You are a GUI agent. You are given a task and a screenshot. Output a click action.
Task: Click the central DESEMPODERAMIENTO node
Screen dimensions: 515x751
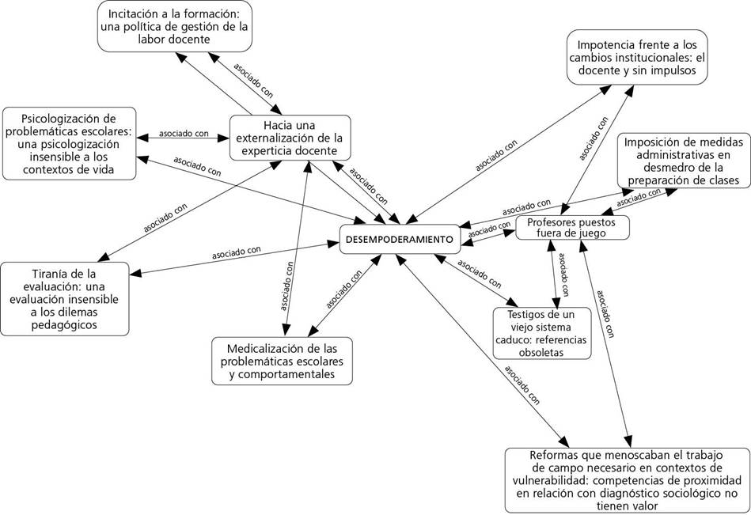[x=400, y=239]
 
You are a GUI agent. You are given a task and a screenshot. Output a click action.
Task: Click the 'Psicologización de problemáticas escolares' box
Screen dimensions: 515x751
[x=68, y=143]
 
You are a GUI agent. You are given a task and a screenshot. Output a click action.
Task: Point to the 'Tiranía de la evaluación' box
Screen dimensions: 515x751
[x=65, y=299]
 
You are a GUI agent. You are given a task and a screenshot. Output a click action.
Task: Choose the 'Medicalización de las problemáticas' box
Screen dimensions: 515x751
[x=282, y=361]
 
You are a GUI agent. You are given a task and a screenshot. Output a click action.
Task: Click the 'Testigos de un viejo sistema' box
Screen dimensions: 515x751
[x=542, y=333]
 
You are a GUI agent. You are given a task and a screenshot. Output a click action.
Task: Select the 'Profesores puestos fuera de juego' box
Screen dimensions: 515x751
[x=573, y=228]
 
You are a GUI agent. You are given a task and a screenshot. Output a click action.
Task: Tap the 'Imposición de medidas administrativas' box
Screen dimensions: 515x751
[x=683, y=161]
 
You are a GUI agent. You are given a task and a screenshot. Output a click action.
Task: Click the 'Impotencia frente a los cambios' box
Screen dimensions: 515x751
[x=637, y=56]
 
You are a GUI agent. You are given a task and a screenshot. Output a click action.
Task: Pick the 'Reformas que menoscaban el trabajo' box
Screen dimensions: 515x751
[x=627, y=480]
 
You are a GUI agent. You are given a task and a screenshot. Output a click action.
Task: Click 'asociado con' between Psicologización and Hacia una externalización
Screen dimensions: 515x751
[x=184, y=134]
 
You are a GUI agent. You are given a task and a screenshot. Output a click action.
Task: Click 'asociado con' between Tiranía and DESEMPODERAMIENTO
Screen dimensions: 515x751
[x=236, y=252]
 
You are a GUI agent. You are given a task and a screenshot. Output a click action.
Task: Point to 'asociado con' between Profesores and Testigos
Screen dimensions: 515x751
[x=561, y=275]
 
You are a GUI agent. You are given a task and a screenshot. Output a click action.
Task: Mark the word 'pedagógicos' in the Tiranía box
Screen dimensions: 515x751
[x=65, y=324]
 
